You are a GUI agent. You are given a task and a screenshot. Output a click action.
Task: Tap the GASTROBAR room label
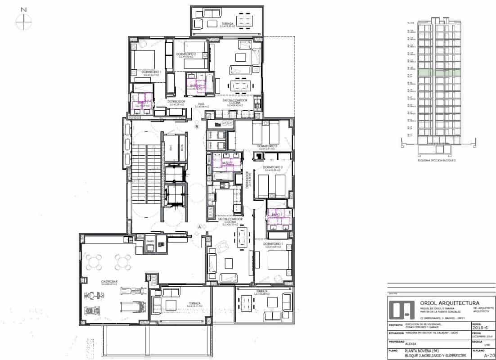(94, 281)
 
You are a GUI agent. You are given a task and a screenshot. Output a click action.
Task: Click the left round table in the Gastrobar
(95, 261)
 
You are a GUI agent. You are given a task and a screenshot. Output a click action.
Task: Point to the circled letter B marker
(197, 127)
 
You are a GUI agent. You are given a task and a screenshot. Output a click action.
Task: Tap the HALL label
(202, 104)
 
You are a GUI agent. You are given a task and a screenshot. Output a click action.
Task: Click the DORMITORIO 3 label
(273, 167)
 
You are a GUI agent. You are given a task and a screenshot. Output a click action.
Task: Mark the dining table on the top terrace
(245, 20)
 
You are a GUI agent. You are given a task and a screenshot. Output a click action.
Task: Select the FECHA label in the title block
(477, 333)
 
